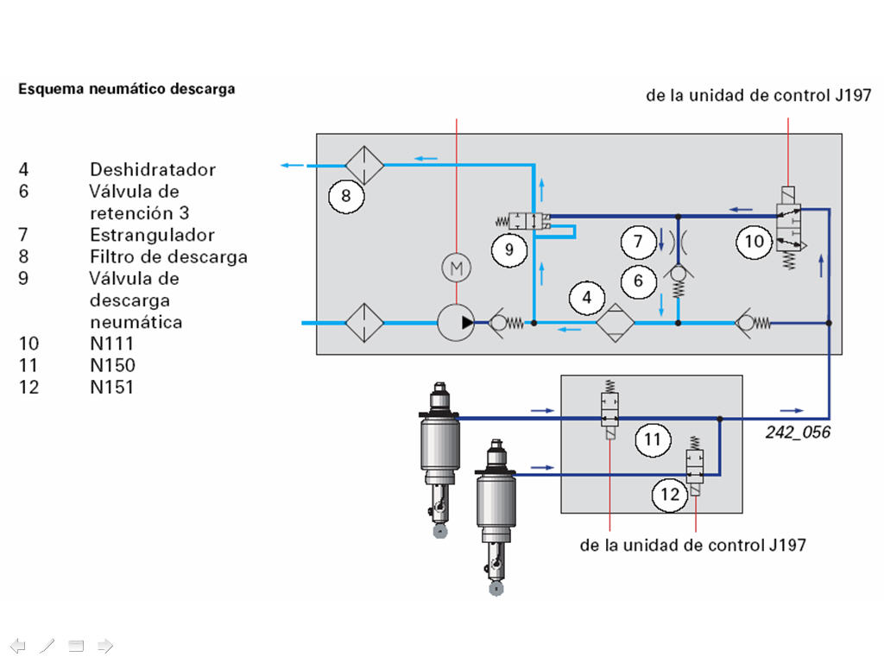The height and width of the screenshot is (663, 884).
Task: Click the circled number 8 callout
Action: point(346,196)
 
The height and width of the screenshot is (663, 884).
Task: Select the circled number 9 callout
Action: point(509,249)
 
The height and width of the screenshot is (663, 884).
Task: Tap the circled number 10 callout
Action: point(755,242)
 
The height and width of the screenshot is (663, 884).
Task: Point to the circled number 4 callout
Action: point(587,298)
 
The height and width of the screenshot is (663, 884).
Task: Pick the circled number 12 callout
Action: point(670,495)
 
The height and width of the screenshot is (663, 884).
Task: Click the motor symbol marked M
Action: point(456,268)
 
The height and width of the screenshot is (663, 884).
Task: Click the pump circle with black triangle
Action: point(456,323)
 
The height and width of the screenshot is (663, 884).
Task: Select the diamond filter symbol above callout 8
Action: point(364,165)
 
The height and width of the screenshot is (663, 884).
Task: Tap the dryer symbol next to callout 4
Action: point(615,323)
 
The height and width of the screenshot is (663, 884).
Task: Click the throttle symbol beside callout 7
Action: point(679,243)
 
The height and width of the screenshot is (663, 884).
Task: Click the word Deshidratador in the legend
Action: point(153,170)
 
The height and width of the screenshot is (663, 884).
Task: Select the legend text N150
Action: point(112,365)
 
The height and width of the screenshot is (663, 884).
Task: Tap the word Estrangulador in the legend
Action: point(152,235)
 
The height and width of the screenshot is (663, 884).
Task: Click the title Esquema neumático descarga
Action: point(127,89)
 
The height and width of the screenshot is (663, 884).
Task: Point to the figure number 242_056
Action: point(798,433)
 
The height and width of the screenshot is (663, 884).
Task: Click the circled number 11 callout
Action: point(653,439)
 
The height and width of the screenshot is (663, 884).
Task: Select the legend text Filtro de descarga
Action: point(168,257)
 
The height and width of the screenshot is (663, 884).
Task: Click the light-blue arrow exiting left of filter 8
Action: point(292,165)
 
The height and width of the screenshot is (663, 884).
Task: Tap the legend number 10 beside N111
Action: point(28,344)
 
